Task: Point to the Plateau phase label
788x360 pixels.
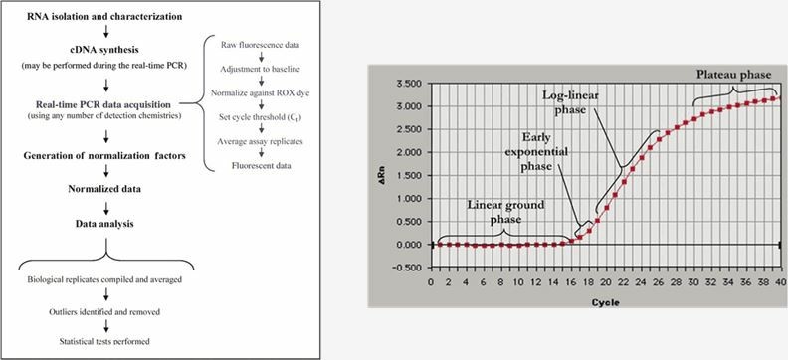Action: [x=734, y=75]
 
